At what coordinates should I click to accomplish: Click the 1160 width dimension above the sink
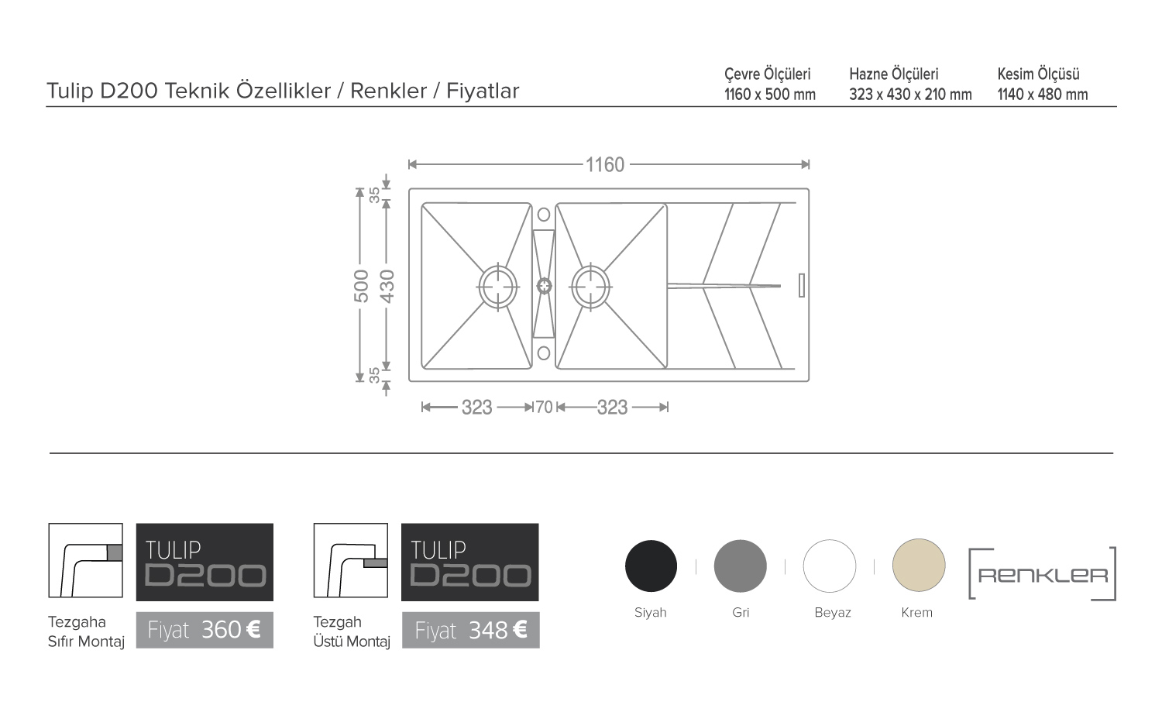click(605, 165)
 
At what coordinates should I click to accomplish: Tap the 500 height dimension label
click(361, 286)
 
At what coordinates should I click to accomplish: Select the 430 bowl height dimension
click(387, 287)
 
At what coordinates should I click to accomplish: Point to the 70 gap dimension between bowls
click(544, 408)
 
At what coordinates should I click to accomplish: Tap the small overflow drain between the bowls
click(544, 286)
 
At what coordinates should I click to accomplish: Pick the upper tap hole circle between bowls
click(544, 215)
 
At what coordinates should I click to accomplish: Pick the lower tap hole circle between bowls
click(544, 353)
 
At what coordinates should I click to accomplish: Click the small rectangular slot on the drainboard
click(802, 285)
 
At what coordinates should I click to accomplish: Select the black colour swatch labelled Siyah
click(651, 566)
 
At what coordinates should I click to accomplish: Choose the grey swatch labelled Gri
click(741, 566)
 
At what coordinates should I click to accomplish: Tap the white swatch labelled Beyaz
click(830, 566)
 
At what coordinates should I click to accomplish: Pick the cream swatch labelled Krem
click(919, 565)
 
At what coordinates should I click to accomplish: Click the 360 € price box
click(205, 631)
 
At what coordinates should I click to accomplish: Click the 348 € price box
click(470, 631)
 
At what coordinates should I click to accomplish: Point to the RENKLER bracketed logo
click(1043, 573)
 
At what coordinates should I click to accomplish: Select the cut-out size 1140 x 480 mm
click(1043, 95)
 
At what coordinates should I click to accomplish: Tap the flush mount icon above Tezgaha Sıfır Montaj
click(85, 560)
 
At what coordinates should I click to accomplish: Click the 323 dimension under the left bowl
click(476, 408)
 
